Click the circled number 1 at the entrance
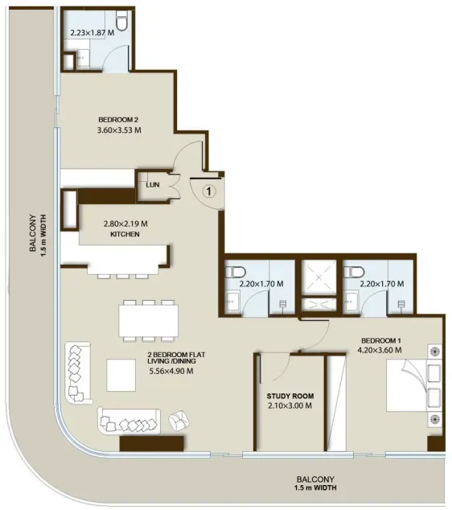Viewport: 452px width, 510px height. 209,191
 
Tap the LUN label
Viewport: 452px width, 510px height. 153,185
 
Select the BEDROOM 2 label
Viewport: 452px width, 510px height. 118,120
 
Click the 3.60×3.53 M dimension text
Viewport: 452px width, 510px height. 119,130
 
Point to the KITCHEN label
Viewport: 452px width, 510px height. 125,234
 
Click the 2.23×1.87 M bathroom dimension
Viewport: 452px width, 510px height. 92,32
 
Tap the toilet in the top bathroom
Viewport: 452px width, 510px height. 122,21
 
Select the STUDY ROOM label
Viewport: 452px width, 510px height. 290,396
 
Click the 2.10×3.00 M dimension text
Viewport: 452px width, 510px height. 290,405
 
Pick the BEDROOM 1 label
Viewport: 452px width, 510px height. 381,340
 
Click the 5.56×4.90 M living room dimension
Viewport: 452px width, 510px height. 171,371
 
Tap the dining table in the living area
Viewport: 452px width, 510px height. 149,321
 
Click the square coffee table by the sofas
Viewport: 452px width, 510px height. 121,375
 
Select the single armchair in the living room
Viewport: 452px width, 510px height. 179,421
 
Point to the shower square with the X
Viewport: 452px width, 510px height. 318,278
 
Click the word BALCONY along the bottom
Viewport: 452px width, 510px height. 315,479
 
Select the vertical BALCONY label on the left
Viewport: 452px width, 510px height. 32,233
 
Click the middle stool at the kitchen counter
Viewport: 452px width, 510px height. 123,277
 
